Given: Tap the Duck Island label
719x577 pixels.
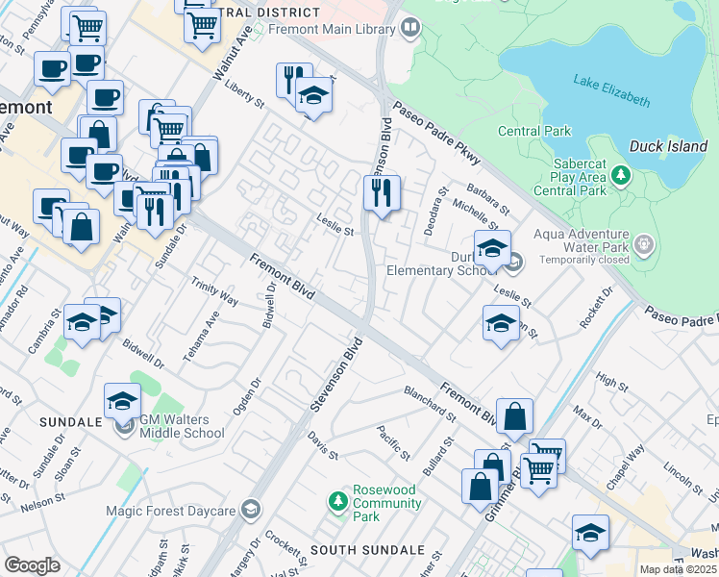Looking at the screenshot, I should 668,147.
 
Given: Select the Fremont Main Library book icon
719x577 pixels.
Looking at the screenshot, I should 411,27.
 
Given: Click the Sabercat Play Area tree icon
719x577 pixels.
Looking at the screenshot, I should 622,175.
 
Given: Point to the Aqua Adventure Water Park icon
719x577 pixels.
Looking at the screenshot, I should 643,244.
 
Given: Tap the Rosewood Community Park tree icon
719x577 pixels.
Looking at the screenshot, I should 337,500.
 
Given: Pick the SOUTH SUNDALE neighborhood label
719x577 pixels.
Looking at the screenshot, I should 367,550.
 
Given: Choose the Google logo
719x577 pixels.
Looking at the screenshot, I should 33,565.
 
